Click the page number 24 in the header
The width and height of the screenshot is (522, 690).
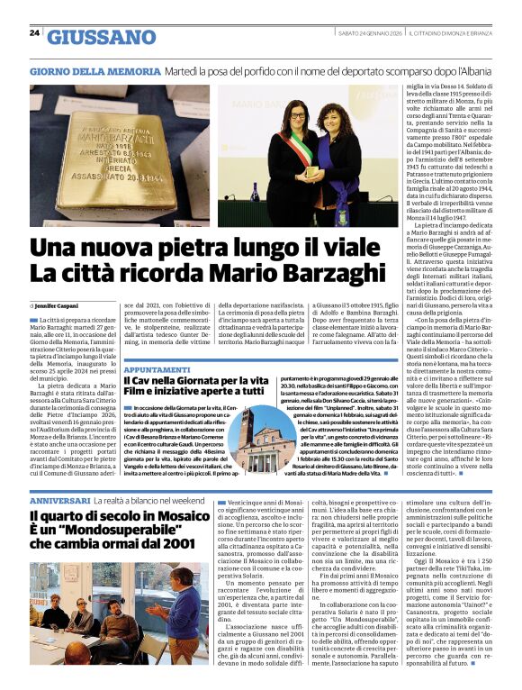(x=34, y=32)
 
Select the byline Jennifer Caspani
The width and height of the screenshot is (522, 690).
(x=58, y=307)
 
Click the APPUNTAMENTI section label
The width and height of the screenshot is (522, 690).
(x=157, y=370)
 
